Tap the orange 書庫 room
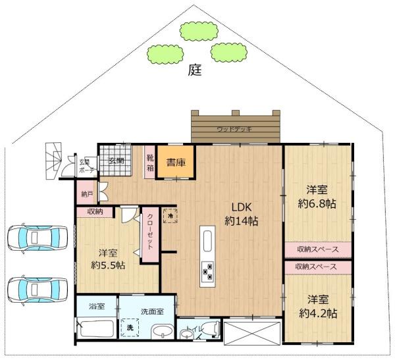coord(175,162)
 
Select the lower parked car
coord(39,288)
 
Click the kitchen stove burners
coord(208,269)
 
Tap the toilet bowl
coord(211,328)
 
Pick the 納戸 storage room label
coord(86,194)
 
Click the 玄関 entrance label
coord(117,160)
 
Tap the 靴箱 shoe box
coord(149,161)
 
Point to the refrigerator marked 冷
coord(171,215)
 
